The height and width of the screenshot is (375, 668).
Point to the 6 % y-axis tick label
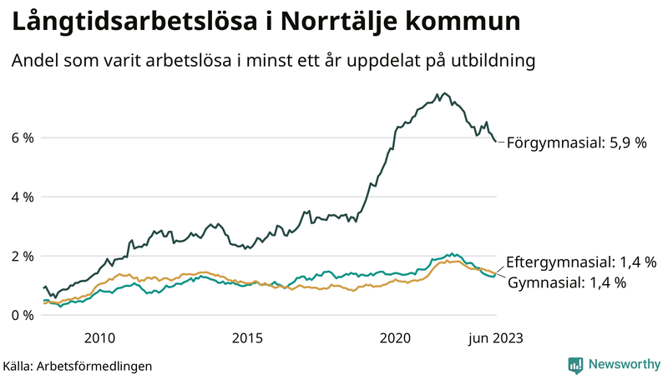22,137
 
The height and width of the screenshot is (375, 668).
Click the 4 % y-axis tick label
22,197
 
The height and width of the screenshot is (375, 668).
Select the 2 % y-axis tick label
22,256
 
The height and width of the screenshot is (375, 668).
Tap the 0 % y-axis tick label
22,315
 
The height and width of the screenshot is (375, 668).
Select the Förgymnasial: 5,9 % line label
577,143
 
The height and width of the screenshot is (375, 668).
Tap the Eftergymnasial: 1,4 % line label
581,262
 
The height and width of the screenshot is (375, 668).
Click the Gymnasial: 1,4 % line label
567,283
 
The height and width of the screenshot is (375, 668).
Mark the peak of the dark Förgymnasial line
443,93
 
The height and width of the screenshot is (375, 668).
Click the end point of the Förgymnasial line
497,142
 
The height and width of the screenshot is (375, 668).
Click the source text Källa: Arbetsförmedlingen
78,365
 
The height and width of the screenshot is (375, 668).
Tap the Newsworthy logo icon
575,364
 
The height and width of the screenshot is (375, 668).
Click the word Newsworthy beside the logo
624,364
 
